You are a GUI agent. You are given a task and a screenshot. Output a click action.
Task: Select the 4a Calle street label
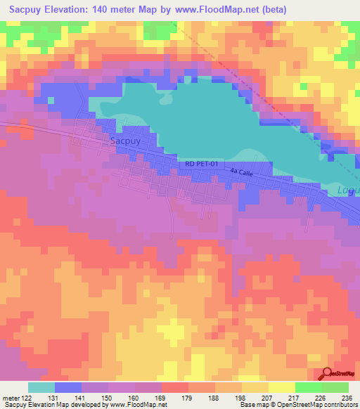240,171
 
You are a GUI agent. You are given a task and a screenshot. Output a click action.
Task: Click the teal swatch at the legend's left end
41,387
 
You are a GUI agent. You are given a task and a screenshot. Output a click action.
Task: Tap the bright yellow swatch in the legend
281,387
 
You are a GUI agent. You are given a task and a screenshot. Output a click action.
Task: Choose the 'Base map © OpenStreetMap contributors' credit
296,405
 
